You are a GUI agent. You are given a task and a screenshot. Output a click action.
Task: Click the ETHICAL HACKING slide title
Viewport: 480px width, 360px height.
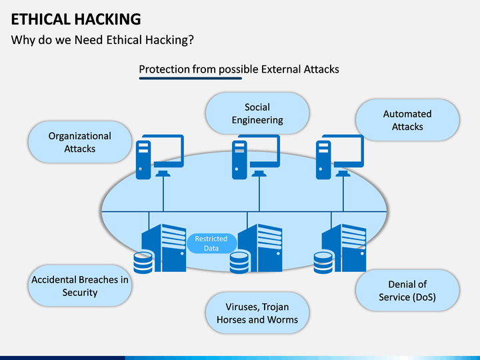coord(76,19)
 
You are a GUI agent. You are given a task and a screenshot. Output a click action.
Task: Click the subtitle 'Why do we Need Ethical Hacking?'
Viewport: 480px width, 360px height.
coord(102,40)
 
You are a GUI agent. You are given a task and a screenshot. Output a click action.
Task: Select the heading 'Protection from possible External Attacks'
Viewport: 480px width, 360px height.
coord(239,69)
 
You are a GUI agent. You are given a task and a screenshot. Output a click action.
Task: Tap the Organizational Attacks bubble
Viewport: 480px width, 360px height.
coord(80,142)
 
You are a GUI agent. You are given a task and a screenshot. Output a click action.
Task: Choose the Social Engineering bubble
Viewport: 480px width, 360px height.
coord(257,113)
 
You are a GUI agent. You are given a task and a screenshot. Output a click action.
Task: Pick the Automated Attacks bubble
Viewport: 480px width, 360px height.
coord(407,120)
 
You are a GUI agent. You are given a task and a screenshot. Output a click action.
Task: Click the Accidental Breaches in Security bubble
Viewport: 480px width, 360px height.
coord(80,285)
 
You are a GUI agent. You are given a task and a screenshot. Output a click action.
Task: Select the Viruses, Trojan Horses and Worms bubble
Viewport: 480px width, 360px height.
coord(257,313)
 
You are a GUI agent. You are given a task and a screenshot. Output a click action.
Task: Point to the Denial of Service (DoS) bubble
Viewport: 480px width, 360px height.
coord(407,291)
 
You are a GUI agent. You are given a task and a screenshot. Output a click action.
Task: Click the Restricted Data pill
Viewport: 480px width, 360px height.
coord(211,243)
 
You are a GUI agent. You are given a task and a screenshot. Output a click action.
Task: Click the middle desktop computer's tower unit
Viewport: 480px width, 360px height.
coord(239,160)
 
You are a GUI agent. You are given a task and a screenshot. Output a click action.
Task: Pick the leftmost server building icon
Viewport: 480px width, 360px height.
coord(164,248)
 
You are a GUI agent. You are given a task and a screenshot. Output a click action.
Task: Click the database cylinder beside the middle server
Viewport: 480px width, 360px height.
coord(239,263)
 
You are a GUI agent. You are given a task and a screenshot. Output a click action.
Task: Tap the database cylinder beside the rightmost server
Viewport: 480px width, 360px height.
coord(323,263)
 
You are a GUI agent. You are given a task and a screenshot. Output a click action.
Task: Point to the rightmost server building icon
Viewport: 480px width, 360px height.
coord(344,248)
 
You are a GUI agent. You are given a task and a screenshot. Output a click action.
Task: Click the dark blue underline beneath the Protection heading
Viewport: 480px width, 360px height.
coord(191,79)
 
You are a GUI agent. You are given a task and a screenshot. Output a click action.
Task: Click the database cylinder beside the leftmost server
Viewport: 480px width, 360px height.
coord(143,263)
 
